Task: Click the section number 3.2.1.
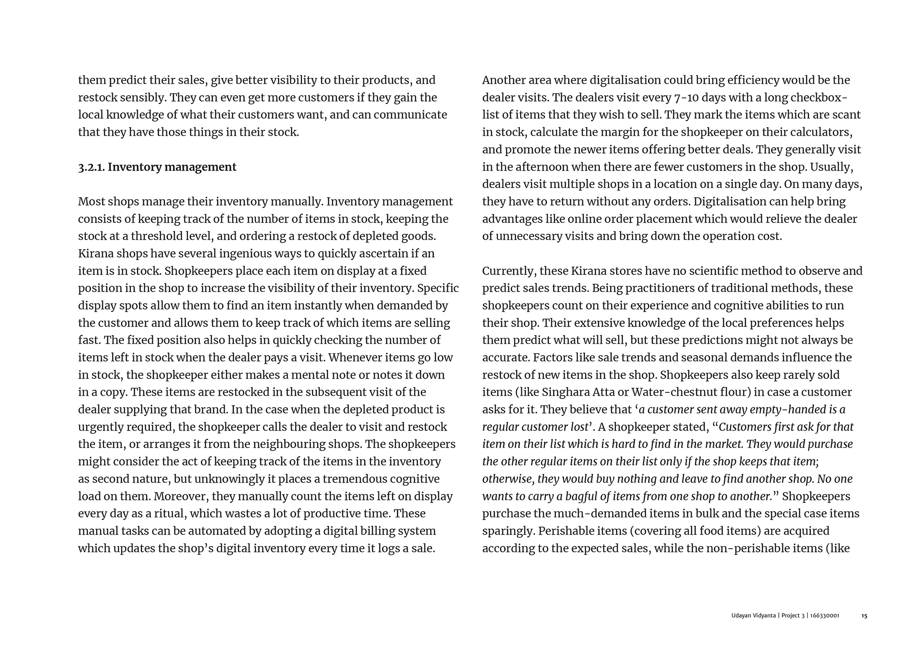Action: tap(91, 167)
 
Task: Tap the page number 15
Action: tap(864, 616)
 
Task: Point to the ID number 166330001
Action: tap(824, 616)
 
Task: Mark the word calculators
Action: tap(821, 132)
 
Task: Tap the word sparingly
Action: tap(508, 531)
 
